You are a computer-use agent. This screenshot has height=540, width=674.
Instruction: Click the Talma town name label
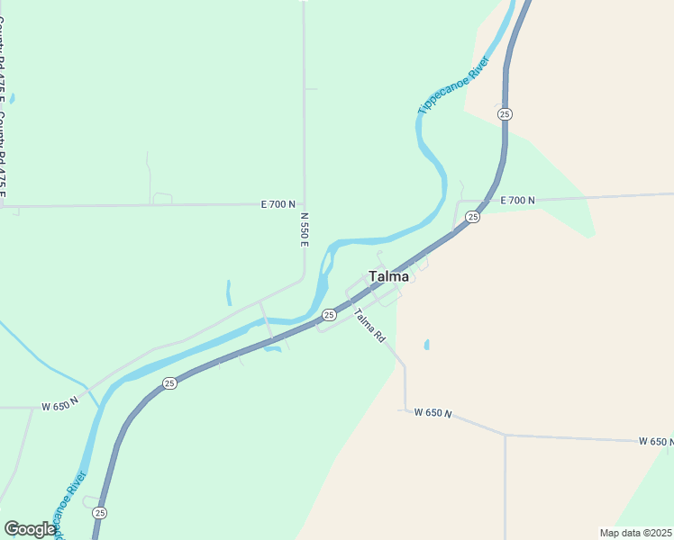coord(388,276)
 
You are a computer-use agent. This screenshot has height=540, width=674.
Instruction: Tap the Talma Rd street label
coord(369,325)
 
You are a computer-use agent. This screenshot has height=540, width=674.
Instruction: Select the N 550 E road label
coord(305,229)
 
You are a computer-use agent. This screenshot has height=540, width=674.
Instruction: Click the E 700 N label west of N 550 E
coord(278,204)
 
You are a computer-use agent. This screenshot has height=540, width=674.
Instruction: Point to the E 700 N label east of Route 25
coord(517,200)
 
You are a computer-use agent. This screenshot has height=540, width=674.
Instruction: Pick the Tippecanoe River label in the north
coord(453,85)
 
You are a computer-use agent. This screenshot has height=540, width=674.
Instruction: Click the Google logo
coord(30,529)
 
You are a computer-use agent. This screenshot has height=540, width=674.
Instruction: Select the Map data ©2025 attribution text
coord(635,532)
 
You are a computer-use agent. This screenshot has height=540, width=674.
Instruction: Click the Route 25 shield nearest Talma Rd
coord(329,315)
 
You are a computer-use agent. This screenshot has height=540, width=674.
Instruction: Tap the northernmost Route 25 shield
coord(505,113)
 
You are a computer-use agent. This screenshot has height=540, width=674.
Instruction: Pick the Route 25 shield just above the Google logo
coord(99,512)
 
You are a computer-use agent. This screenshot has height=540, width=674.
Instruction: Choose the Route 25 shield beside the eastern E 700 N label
coord(473,217)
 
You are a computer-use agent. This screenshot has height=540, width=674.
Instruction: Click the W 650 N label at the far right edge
coord(656,441)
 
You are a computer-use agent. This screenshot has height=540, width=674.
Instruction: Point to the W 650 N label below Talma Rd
coord(433,412)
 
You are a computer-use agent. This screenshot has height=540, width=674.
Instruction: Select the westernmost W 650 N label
coord(59,406)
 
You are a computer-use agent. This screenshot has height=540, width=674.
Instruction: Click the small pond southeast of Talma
coord(426,344)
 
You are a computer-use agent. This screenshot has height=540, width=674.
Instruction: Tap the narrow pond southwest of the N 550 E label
coord(229,292)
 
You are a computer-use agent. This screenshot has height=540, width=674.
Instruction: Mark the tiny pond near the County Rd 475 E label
coord(11,98)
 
